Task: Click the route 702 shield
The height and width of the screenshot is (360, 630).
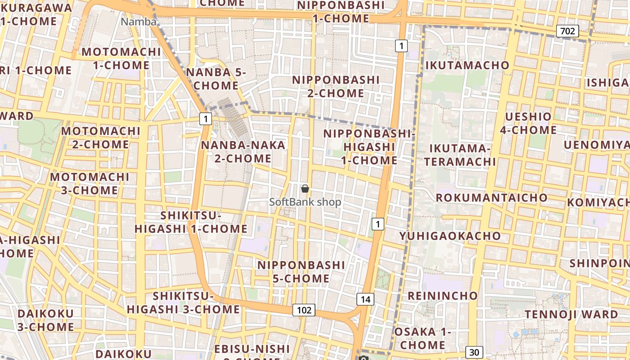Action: click(567, 31)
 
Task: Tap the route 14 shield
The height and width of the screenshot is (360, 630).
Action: click(365, 299)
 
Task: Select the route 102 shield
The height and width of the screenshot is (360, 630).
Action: click(304, 310)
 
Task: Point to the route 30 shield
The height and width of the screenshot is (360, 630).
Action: click(474, 352)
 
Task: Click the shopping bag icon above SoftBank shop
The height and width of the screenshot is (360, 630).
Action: click(305, 189)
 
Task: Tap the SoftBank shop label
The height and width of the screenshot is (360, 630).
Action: click(305, 202)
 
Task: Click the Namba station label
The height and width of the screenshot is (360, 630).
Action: click(139, 22)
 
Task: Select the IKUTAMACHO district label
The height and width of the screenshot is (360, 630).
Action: click(467, 65)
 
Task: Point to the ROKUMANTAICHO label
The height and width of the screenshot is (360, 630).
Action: click(491, 198)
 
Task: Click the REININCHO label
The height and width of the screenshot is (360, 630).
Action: click(442, 296)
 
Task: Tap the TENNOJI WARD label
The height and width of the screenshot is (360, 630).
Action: click(571, 314)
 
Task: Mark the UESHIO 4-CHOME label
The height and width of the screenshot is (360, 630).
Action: click(528, 123)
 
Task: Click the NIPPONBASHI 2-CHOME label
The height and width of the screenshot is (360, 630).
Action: click(336, 86)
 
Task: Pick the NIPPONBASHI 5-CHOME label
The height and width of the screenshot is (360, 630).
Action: click(301, 272)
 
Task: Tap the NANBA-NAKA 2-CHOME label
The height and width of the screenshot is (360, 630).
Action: click(243, 152)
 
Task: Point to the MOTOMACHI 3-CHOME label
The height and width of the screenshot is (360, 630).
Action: click(90, 184)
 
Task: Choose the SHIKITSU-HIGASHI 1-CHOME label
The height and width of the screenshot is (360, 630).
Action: click(191, 222)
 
